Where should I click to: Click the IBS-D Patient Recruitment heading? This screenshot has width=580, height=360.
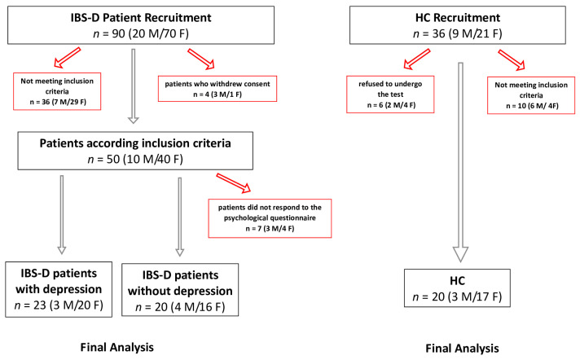tap(141, 17)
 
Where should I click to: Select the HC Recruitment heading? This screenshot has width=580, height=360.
tap(458, 17)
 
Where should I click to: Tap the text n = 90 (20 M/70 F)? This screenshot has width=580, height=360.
tap(141, 33)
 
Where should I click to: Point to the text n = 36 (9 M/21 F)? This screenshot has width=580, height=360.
tap(458, 33)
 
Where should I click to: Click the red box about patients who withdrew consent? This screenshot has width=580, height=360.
tap(217, 89)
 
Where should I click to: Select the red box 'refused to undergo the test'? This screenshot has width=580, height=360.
tap(390, 94)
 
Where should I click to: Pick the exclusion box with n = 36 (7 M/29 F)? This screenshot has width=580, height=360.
tap(57, 91)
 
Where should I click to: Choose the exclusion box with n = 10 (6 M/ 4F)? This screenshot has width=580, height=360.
tap(531, 95)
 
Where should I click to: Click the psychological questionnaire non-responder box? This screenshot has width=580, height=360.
tap(270, 218)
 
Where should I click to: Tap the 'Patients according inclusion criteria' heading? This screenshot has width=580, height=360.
tap(135, 143)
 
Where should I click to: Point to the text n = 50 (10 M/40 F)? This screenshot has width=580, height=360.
tap(135, 159)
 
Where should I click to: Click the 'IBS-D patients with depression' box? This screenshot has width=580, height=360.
tap(59, 289)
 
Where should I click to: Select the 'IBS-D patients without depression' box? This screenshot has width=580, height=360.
tap(180, 290)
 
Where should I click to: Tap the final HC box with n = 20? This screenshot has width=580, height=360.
tap(457, 288)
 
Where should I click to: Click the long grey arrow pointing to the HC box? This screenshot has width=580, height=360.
tap(460, 162)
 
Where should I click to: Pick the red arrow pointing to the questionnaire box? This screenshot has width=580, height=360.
tap(234, 182)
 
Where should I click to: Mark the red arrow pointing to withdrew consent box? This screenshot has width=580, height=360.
tap(201, 59)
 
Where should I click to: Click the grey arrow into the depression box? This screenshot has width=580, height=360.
tap(62, 215)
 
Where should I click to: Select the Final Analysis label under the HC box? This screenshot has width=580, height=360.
tap(462, 348)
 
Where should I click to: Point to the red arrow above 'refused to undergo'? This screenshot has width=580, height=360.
tap(417, 59)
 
